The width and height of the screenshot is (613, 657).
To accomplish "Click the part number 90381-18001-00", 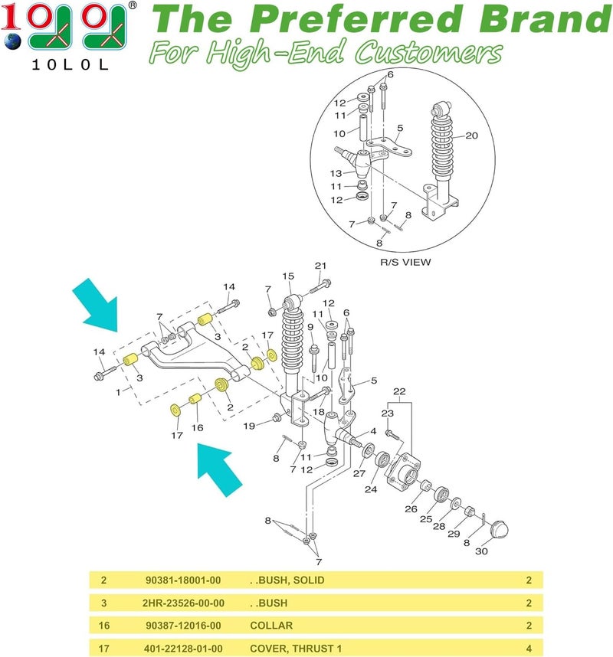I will click(x=183, y=580).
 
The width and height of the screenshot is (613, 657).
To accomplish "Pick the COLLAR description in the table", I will click(x=271, y=626).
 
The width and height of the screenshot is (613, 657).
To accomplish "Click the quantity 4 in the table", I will click(x=529, y=649).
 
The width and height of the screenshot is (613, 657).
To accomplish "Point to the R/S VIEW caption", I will click(x=405, y=262).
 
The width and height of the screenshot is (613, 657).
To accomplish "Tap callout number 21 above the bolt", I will click(x=321, y=266).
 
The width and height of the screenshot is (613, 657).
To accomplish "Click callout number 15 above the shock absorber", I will click(x=288, y=276).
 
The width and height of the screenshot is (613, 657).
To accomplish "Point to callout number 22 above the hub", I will click(x=399, y=393).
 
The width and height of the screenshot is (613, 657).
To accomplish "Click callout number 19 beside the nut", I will click(x=250, y=425).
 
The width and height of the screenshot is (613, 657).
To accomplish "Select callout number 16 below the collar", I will click(x=198, y=428).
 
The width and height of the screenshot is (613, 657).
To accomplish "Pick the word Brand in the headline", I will click(x=530, y=18).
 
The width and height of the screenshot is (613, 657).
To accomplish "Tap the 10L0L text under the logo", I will click(x=68, y=66).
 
